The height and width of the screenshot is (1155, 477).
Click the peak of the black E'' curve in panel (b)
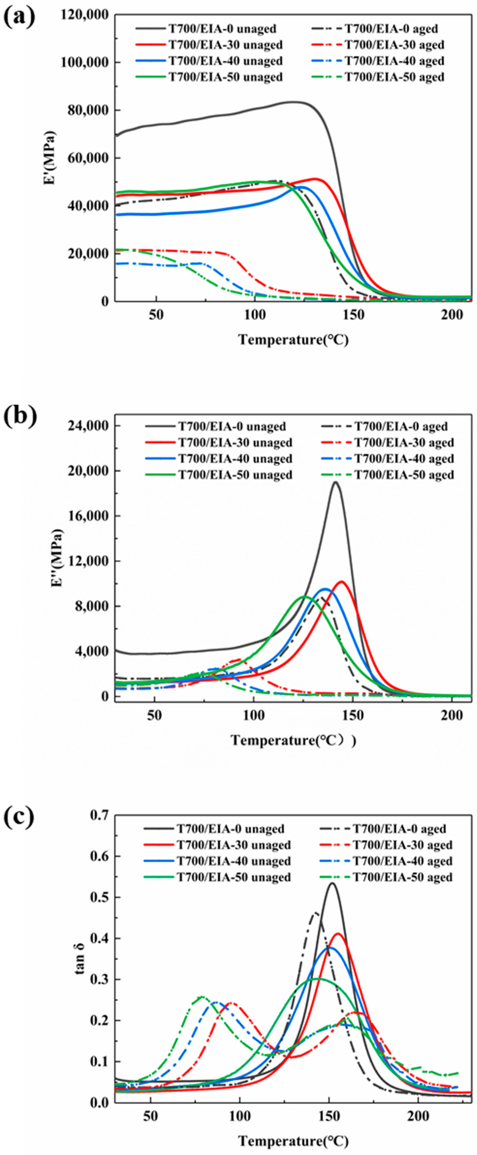[x=335, y=482]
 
